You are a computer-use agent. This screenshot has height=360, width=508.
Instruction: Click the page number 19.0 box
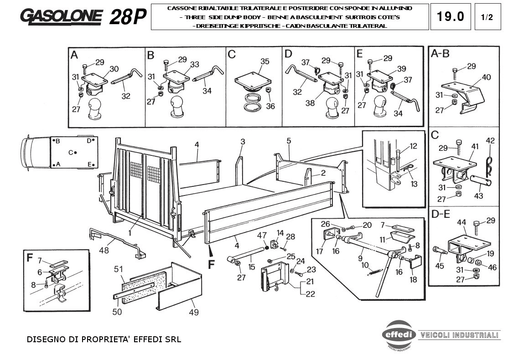click(451, 17)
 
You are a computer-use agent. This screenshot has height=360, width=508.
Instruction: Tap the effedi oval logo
click(399, 334)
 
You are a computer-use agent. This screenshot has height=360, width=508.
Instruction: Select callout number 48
click(104, 250)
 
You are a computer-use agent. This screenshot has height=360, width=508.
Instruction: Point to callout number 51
click(119, 269)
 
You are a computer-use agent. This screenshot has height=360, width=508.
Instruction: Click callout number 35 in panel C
click(264, 61)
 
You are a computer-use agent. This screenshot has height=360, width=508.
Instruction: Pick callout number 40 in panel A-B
click(486, 77)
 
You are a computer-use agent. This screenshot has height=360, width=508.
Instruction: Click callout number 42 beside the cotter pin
click(490, 140)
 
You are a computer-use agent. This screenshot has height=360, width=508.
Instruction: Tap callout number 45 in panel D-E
click(439, 266)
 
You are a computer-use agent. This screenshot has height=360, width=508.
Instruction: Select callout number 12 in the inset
click(414, 146)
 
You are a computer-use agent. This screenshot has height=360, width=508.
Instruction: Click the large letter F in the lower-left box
click(30, 258)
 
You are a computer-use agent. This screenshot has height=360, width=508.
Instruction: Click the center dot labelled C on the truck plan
click(75, 153)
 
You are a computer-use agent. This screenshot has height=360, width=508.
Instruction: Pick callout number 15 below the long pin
click(252, 267)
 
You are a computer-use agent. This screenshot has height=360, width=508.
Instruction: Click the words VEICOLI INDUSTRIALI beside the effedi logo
click(459, 335)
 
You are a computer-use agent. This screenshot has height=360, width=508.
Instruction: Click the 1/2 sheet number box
click(487, 17)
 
